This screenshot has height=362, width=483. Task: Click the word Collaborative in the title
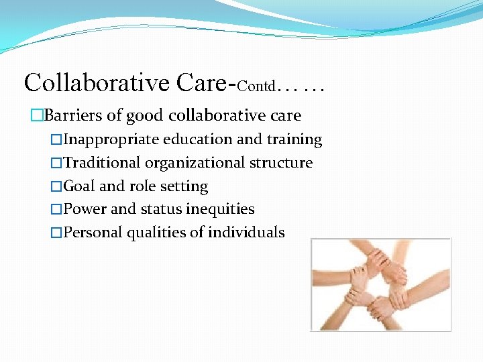click(x=97, y=83)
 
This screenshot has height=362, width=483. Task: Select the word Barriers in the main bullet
click(x=73, y=115)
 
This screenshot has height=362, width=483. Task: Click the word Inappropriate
click(x=110, y=139)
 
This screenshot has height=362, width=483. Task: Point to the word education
click(x=197, y=139)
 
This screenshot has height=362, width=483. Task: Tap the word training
click(x=294, y=139)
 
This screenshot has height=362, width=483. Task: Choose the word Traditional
click(x=101, y=163)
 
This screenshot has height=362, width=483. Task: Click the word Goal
click(x=79, y=186)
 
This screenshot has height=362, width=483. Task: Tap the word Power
click(x=85, y=209)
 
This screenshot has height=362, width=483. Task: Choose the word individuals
click(x=246, y=233)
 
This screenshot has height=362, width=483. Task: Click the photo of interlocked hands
click(x=380, y=284)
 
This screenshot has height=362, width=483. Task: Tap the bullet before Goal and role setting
click(x=56, y=186)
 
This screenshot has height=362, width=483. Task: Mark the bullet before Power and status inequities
click(x=56, y=209)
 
